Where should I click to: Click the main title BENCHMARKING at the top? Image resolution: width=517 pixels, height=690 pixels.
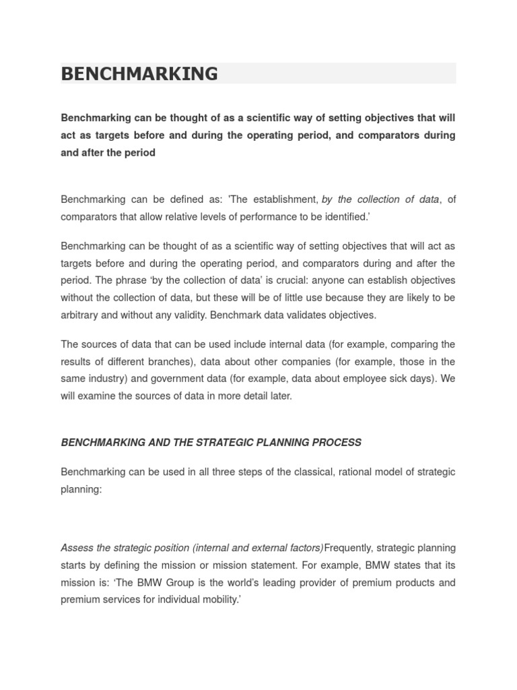pyautogui.click(x=139, y=73)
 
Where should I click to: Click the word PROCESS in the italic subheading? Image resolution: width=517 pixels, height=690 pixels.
pyautogui.click(x=338, y=442)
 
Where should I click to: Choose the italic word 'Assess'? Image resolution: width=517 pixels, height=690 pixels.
pyautogui.click(x=77, y=547)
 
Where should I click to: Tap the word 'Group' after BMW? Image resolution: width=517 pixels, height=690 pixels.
pyautogui.click(x=183, y=582)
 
